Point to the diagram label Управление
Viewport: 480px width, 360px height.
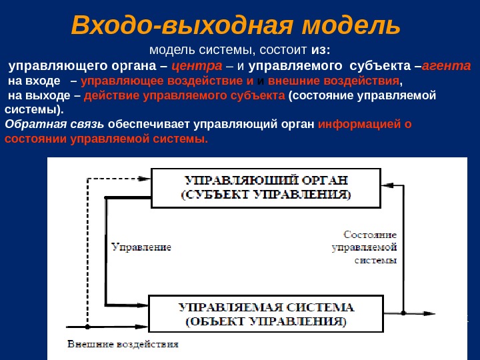coord(141,247)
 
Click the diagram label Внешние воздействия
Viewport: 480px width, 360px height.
coord(123,345)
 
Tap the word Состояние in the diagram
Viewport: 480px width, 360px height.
coord(370,235)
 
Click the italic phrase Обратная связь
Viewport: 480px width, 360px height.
coord(54,125)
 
